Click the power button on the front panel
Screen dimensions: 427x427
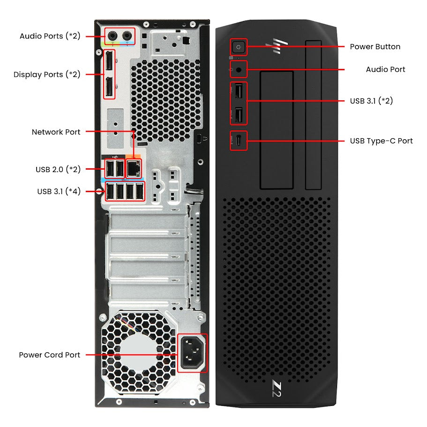[239, 47]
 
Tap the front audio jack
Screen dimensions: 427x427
[239, 70]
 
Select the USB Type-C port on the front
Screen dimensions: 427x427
[239, 141]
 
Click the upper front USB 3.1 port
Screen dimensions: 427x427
[239, 91]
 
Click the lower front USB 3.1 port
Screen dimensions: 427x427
[239, 115]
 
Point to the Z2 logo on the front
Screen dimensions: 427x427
[277, 389]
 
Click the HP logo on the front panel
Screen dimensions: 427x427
[277, 46]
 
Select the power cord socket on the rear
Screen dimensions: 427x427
[192, 352]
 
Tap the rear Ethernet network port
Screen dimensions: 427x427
[134, 169]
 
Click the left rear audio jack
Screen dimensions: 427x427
[112, 36]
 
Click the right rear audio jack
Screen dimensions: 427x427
[127, 36]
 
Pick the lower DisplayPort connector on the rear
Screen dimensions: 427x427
[110, 87]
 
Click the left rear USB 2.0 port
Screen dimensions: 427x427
[110, 169]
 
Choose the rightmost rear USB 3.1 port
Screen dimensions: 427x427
[140, 191]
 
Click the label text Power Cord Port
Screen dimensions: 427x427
[50, 355]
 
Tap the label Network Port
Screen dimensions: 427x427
[56, 132]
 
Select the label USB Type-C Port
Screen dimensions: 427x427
[381, 141]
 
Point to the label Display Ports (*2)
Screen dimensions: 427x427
[47, 75]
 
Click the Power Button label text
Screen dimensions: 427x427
[375, 46]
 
